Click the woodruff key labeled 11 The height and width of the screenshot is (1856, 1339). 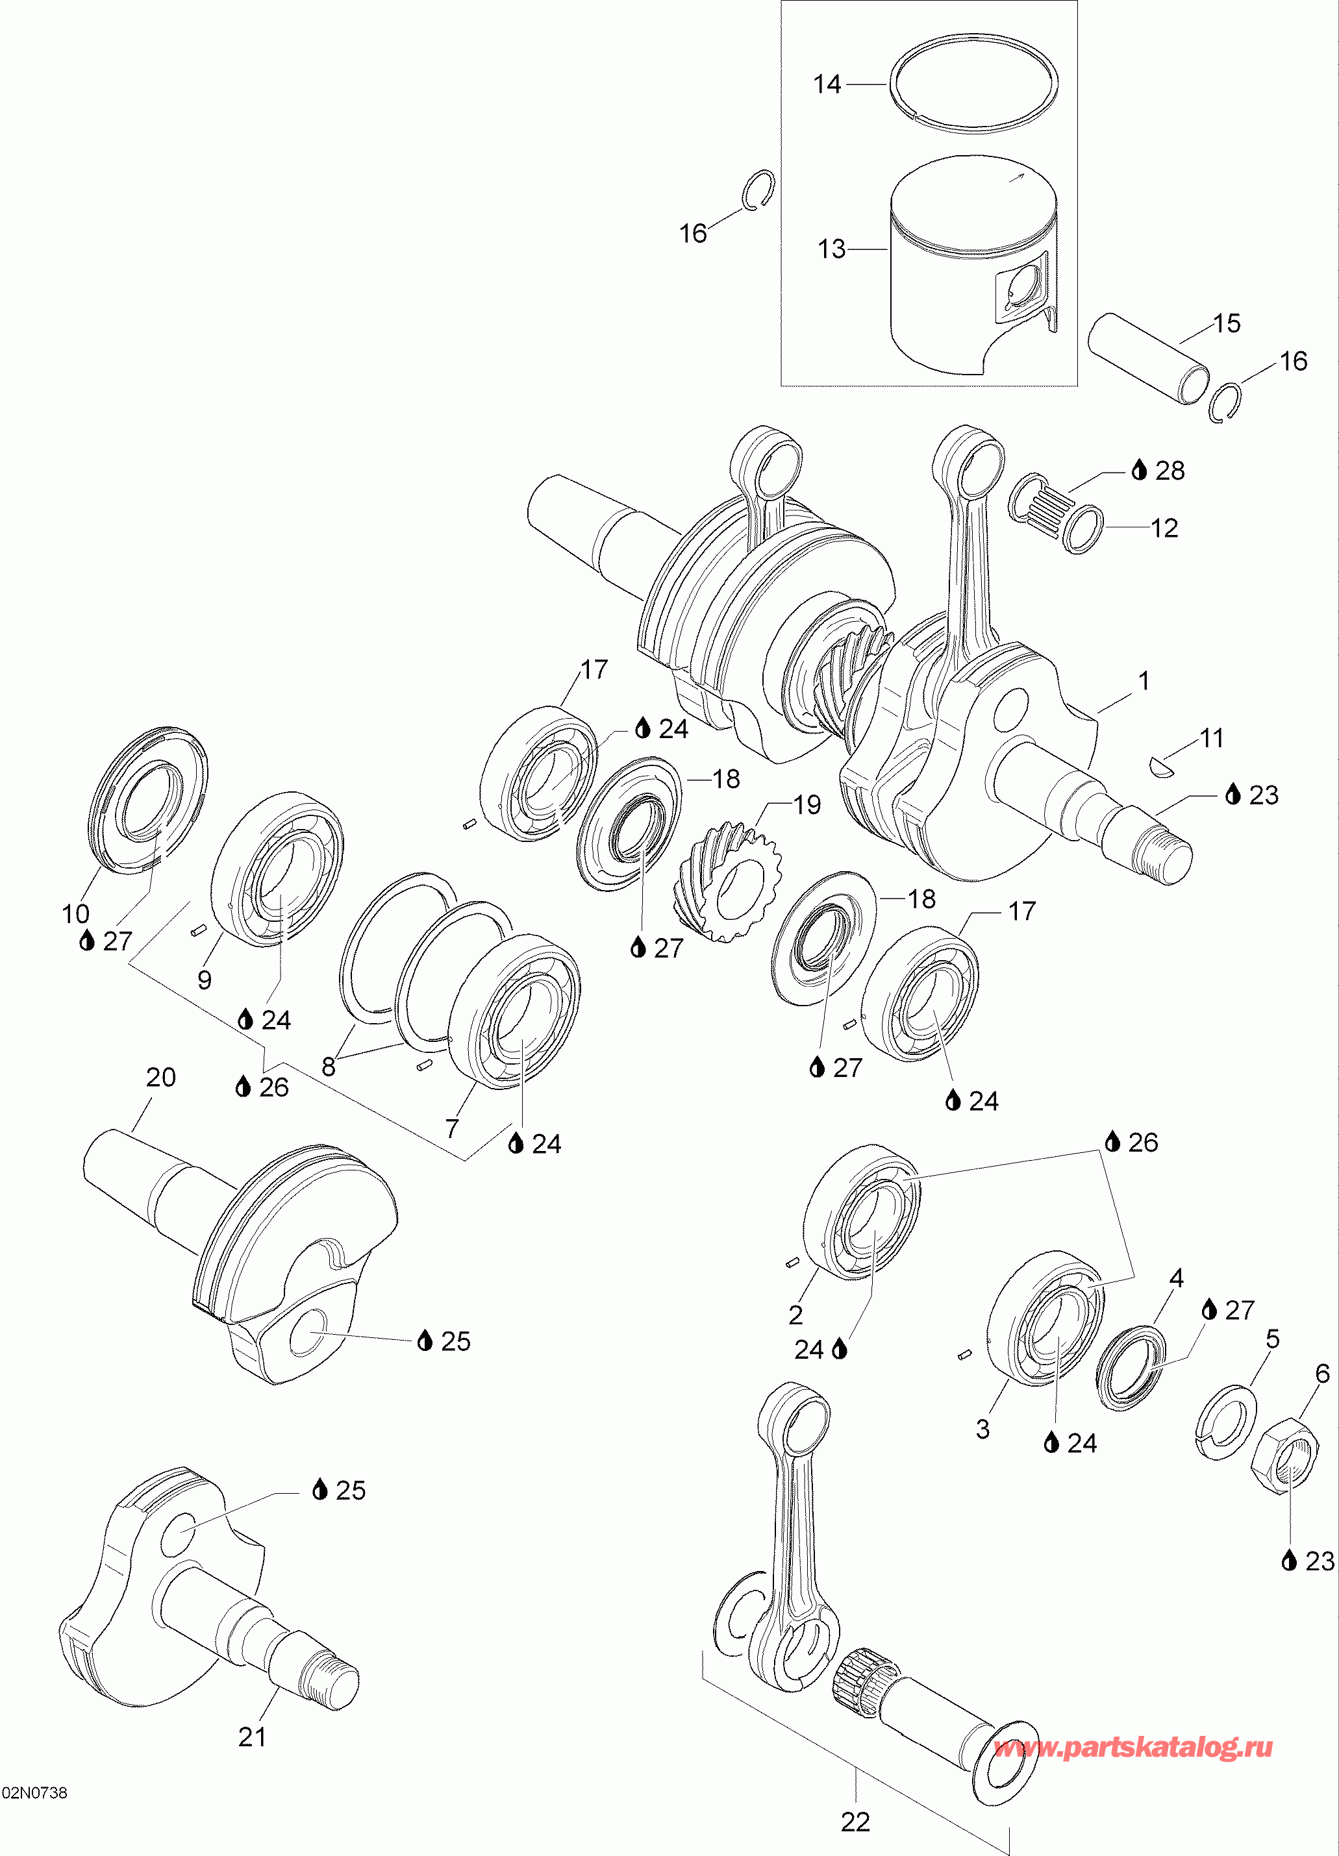pos(1160,765)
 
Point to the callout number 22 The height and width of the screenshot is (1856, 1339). pos(855,1822)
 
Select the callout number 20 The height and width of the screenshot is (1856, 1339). pos(160,1077)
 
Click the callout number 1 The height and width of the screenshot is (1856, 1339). pos(1144,680)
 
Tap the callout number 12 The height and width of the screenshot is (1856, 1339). pos(1164,528)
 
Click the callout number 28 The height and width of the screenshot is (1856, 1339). pos(1170,471)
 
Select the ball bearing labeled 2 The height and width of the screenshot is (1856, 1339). pos(861,1213)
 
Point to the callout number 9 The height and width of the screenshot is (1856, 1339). pos(205,980)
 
